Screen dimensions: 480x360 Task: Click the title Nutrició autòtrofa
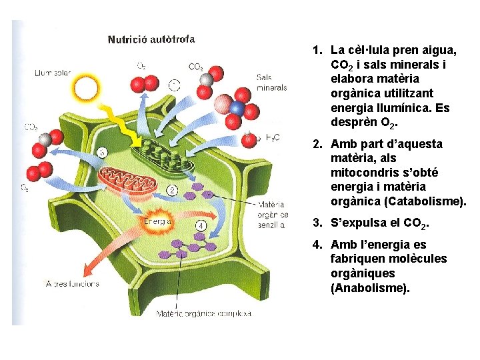point(151,39)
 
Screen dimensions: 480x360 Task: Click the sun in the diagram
point(87,87)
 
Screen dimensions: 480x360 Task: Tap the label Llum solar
point(53,73)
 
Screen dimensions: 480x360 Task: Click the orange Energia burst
point(155,221)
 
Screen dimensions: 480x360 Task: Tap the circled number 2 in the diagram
point(172,191)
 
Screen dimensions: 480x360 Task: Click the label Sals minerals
point(271,82)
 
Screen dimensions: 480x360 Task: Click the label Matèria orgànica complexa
point(203,313)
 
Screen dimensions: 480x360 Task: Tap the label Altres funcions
point(72,283)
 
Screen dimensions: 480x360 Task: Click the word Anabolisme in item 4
point(370,288)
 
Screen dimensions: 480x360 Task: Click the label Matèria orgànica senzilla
point(272,215)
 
